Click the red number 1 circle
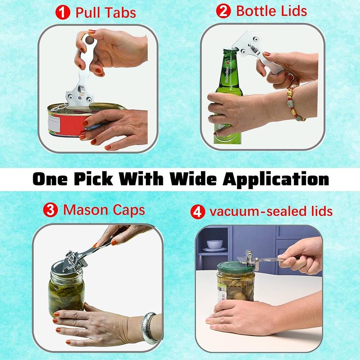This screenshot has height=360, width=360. tap(64, 13)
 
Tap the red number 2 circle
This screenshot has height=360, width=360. tap(223, 11)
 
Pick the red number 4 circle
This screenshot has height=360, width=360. tap(197, 211)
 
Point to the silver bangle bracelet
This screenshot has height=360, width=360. tap(148, 328)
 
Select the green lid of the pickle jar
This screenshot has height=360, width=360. tap(235, 267)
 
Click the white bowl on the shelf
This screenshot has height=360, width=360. tap(214, 244)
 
